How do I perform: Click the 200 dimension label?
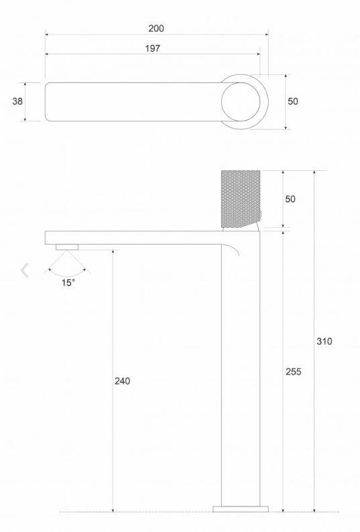pyautogui.click(x=156, y=29)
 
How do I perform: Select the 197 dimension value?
pyautogui.click(x=152, y=48)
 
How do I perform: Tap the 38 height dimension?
pyautogui.click(x=17, y=101)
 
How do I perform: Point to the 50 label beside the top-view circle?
pyautogui.click(x=293, y=101)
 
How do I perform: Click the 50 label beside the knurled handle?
pyautogui.click(x=290, y=199)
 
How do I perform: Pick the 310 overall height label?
pyautogui.click(x=324, y=341)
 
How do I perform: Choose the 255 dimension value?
pyautogui.click(x=294, y=372)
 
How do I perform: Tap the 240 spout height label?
pyautogui.click(x=122, y=381)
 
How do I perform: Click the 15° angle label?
pyautogui.click(x=68, y=283)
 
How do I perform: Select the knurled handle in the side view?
pyautogui.click(x=241, y=199)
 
